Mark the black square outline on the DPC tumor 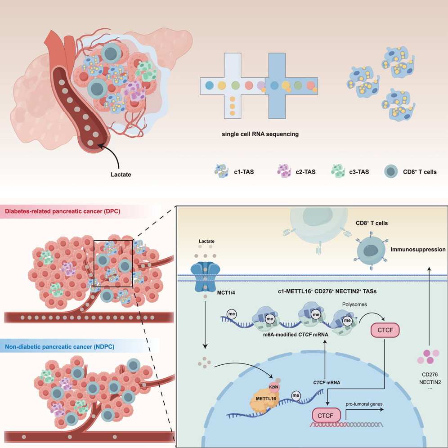pos(113,264)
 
